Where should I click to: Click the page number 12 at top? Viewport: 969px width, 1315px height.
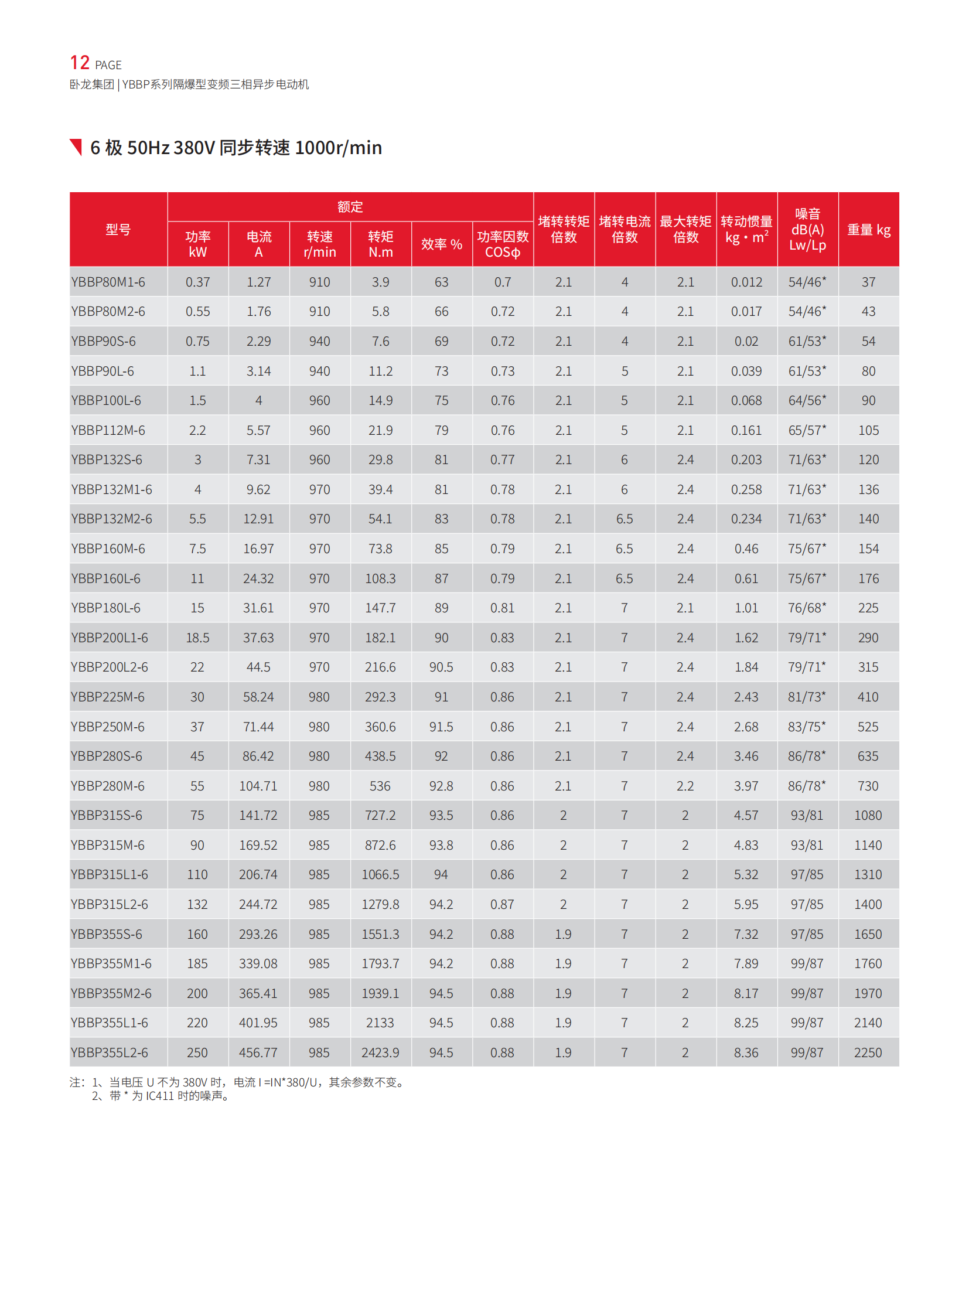[80, 63]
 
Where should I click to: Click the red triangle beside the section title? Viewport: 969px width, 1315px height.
[76, 147]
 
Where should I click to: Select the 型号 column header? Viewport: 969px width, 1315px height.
[118, 230]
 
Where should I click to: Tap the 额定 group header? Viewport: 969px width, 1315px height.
[350, 206]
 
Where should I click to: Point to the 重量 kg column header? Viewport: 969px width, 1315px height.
[868, 230]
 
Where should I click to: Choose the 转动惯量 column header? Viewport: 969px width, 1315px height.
[746, 230]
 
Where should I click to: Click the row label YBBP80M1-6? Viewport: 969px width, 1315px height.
[108, 282]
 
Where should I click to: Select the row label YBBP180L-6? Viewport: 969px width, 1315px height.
[105, 608]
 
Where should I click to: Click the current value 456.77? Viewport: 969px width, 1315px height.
[258, 1052]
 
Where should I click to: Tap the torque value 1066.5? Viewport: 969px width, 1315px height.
[380, 875]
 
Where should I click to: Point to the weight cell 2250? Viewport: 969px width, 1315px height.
[868, 1052]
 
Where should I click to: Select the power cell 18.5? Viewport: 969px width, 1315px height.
[197, 638]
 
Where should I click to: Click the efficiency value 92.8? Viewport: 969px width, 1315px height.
[441, 786]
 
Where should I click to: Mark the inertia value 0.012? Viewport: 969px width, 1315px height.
[746, 282]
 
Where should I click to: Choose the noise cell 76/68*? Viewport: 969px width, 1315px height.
[807, 608]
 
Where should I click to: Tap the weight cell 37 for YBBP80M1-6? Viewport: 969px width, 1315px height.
[868, 282]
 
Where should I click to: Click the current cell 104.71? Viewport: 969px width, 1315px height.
[258, 786]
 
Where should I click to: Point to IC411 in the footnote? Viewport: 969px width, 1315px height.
[160, 1096]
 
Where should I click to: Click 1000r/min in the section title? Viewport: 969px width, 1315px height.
[339, 147]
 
